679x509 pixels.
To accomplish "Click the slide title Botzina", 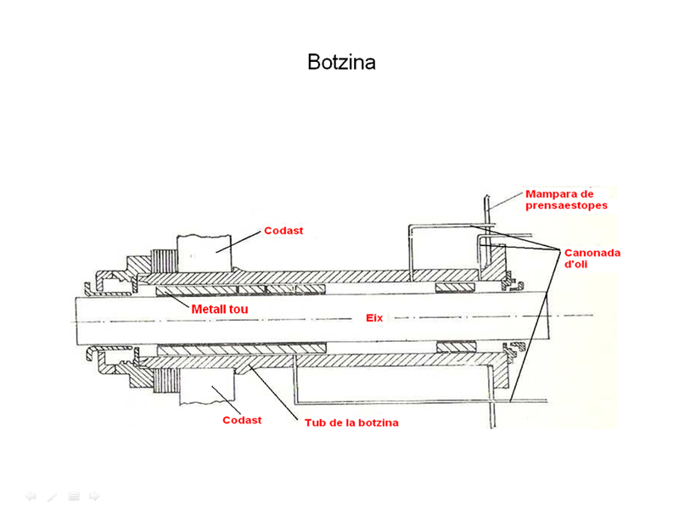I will [341, 63].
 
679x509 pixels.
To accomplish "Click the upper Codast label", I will [283, 230].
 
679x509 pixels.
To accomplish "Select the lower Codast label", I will [242, 420].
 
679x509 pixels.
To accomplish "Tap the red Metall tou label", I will [219, 310].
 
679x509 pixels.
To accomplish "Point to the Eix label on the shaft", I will [374, 318].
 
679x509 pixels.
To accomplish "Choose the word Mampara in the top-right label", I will [550, 193].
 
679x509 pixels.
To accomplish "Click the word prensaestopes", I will [567, 205].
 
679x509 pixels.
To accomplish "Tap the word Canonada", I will [592, 253].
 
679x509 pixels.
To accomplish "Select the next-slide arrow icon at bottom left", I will [94, 496].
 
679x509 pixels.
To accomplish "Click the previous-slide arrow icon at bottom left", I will [31, 496].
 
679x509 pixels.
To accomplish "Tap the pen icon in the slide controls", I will [53, 496].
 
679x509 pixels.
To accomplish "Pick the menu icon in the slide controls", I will [74, 496].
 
